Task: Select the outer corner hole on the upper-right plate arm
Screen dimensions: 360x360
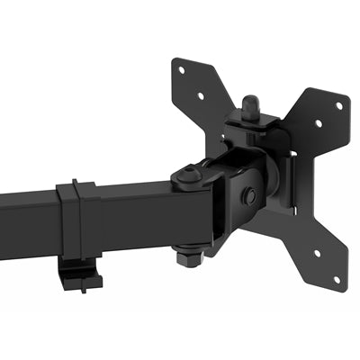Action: (338, 105)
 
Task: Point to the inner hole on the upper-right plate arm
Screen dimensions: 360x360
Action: (317, 125)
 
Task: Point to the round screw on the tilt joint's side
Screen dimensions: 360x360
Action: (250, 196)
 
